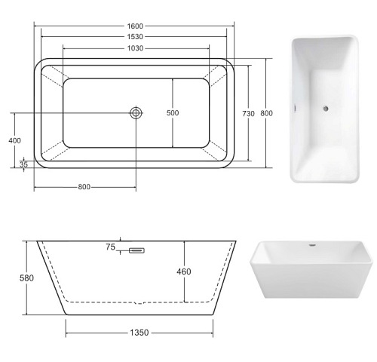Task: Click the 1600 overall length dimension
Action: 135,26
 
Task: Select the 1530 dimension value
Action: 135,37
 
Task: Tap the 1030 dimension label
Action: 135,48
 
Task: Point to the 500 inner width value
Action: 173,113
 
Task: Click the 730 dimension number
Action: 248,114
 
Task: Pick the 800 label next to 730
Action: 266,113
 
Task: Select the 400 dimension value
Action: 15,140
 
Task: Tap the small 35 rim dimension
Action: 23,164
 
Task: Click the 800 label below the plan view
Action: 84,187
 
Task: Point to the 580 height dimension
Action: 26,278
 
